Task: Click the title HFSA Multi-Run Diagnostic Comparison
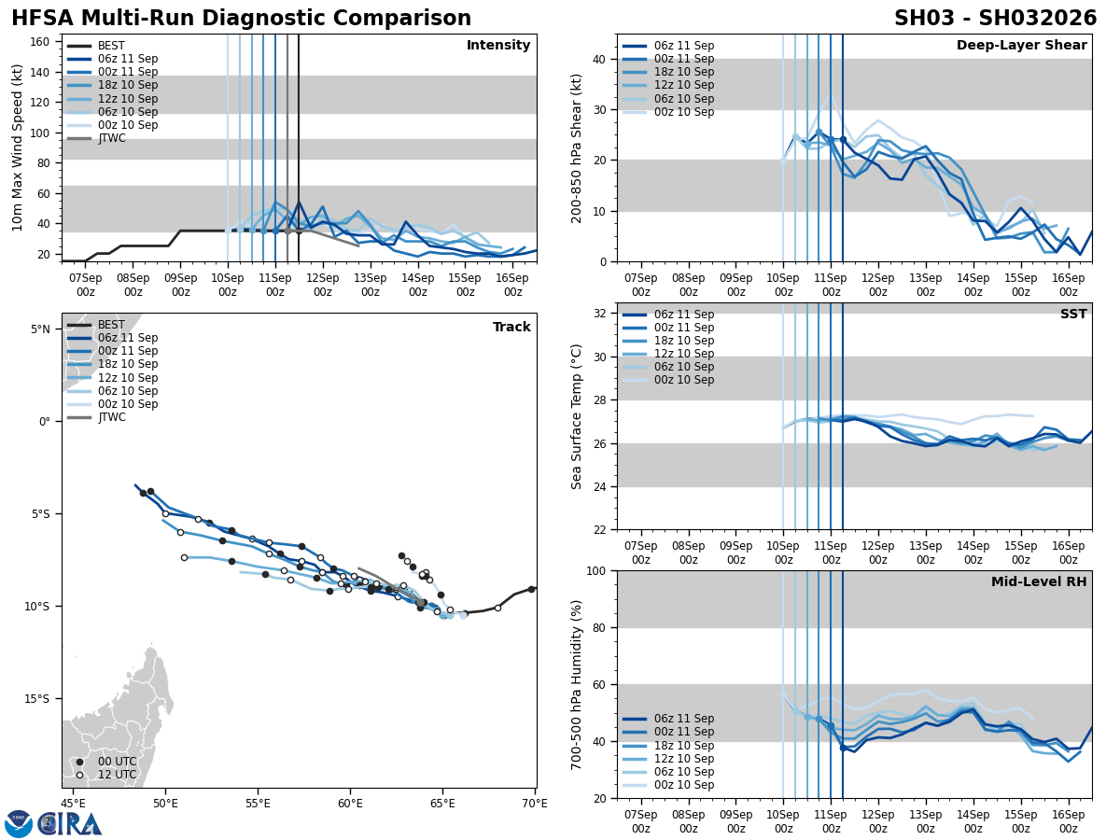[x=241, y=19]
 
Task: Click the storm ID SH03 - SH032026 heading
[x=995, y=19]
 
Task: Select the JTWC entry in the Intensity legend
[x=111, y=138]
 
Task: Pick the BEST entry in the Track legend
[x=111, y=325]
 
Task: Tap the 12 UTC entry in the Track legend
[x=117, y=775]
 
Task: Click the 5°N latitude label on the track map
[x=39, y=329]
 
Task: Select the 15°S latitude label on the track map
[x=37, y=698]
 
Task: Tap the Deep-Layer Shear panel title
[x=1021, y=46]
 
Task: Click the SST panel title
[x=1072, y=315]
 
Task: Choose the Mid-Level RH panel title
[x=1039, y=582]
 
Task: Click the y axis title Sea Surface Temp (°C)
[x=577, y=416]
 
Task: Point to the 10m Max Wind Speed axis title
[x=18, y=147]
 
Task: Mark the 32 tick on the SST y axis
[x=601, y=314]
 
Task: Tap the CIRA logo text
[x=70, y=823]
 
